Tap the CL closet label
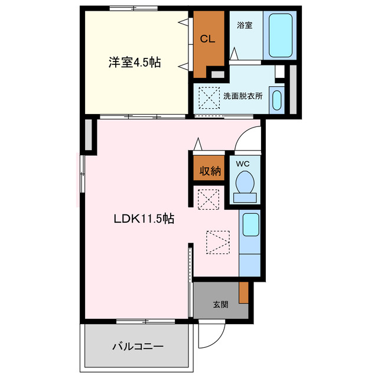coord(207,40)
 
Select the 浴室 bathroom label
coord(245,25)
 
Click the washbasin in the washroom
coord(277,99)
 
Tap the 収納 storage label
coord(209,171)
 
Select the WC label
coord(243,164)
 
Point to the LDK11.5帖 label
coord(144,219)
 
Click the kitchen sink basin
coord(250,224)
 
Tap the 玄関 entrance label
coord(220,305)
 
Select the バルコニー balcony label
coord(138,346)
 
